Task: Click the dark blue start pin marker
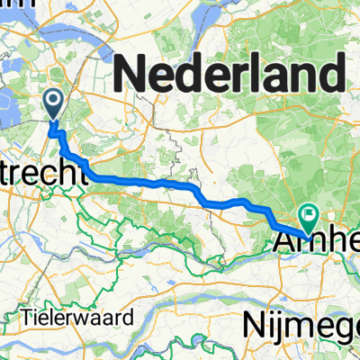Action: click(54, 104)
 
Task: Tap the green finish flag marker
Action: click(310, 215)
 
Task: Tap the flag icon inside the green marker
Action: click(310, 212)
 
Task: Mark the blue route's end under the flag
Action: click(307, 229)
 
